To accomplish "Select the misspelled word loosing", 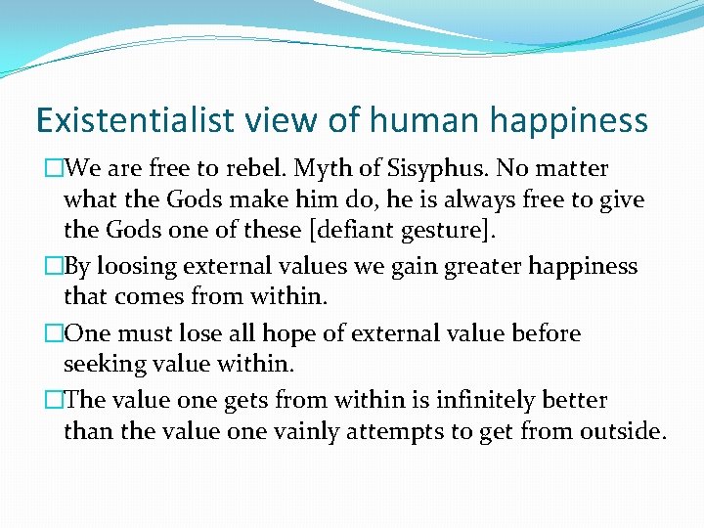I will (139, 267).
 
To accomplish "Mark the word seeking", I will (105, 363).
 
